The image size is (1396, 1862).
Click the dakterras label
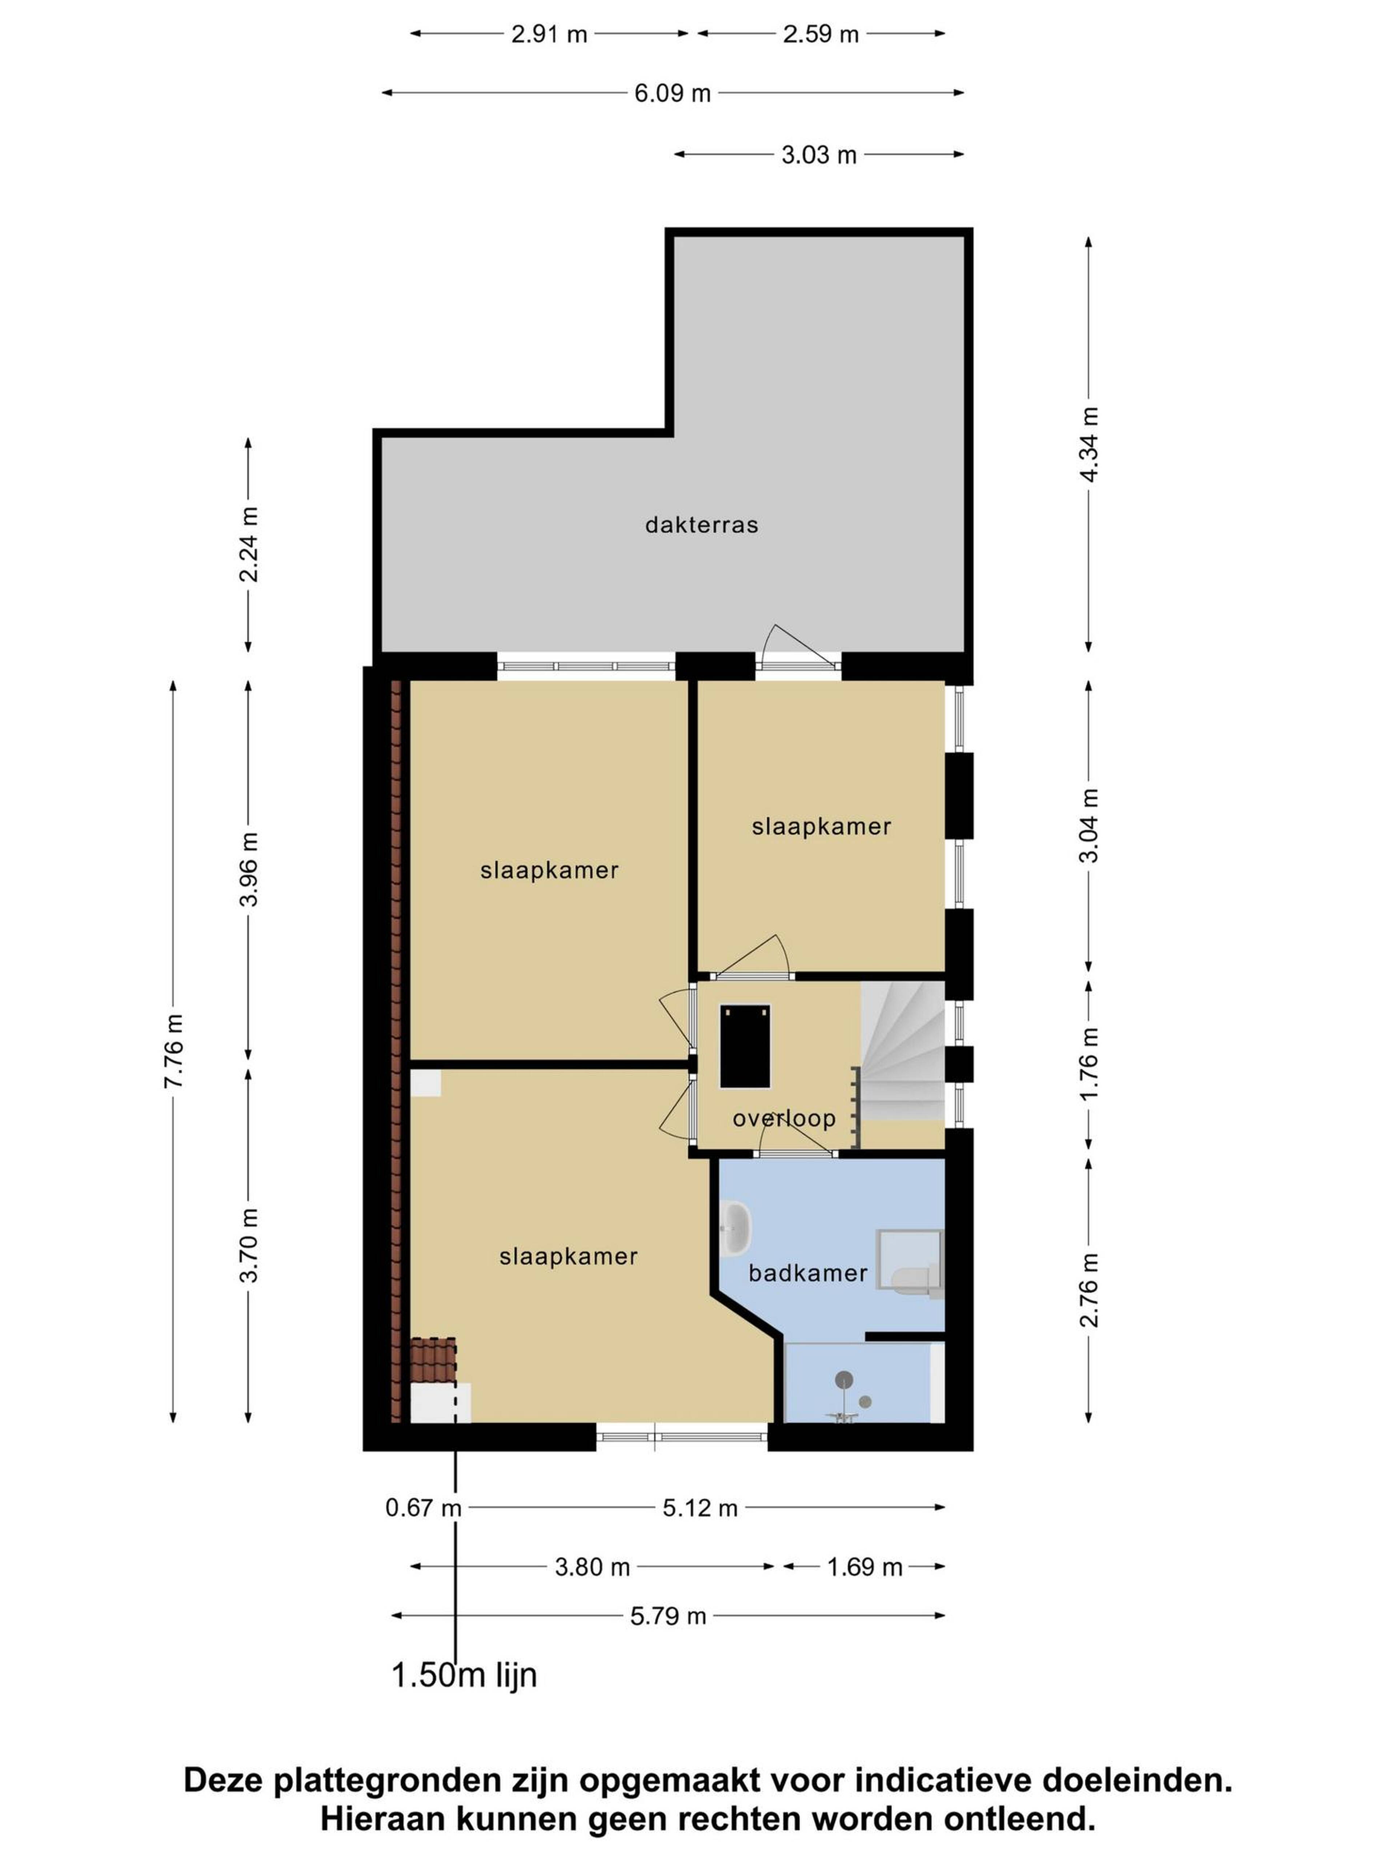click(x=702, y=525)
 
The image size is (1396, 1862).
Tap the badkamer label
click(x=808, y=1273)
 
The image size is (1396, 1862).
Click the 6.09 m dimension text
click(x=672, y=93)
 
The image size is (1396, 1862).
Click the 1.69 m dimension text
click(x=864, y=1567)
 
